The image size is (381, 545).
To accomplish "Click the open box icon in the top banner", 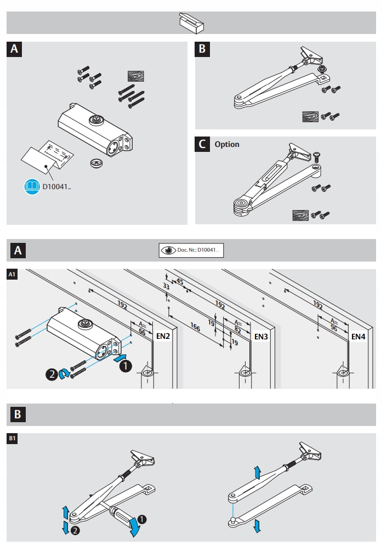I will (191, 23).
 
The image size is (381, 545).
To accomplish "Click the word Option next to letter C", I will (227, 144).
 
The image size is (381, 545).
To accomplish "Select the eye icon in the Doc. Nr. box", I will (168, 250).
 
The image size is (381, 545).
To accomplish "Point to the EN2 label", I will (163, 335).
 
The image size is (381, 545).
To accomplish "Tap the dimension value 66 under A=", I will (141, 332).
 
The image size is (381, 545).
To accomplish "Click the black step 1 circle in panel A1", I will (126, 364).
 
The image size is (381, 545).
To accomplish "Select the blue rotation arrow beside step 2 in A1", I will (65, 374).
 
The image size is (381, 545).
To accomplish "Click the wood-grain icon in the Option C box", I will (300, 215).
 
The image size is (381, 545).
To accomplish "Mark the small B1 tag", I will (12, 438).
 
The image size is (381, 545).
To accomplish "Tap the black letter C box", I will (202, 144).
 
